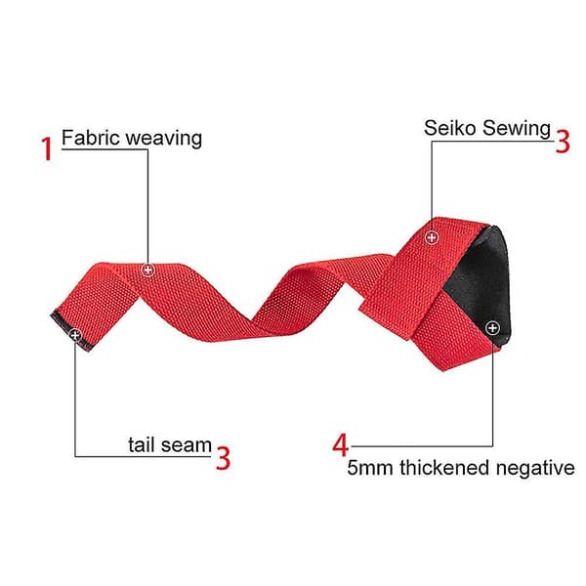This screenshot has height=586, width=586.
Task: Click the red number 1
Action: (47, 148)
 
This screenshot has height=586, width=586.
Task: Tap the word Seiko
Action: (449, 128)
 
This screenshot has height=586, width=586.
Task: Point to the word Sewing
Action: (516, 129)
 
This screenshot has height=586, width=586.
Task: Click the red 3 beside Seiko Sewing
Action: (563, 141)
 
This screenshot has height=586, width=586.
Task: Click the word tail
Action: (142, 444)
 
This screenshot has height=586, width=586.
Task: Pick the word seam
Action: (187, 446)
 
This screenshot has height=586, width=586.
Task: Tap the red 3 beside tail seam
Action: (223, 458)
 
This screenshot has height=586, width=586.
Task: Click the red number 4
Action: (341, 444)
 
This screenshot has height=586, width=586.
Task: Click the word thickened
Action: (444, 468)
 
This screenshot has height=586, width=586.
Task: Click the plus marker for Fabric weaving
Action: (148, 270)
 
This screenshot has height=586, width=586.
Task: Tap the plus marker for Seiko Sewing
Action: (432, 237)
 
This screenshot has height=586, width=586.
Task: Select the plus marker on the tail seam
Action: (75, 335)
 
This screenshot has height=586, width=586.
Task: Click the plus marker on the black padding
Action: (492, 328)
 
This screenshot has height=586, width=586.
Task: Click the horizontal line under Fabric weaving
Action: (105, 149)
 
